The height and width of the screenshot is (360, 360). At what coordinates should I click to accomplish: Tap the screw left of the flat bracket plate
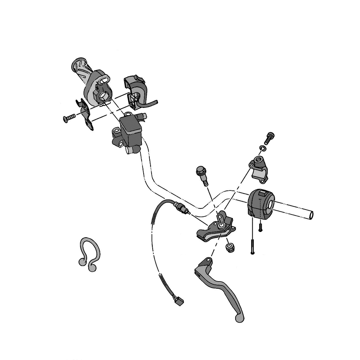point(69,118)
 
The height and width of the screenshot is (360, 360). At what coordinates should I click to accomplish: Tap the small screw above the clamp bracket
point(269,138)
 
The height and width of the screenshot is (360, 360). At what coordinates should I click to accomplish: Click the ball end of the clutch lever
point(240,317)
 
